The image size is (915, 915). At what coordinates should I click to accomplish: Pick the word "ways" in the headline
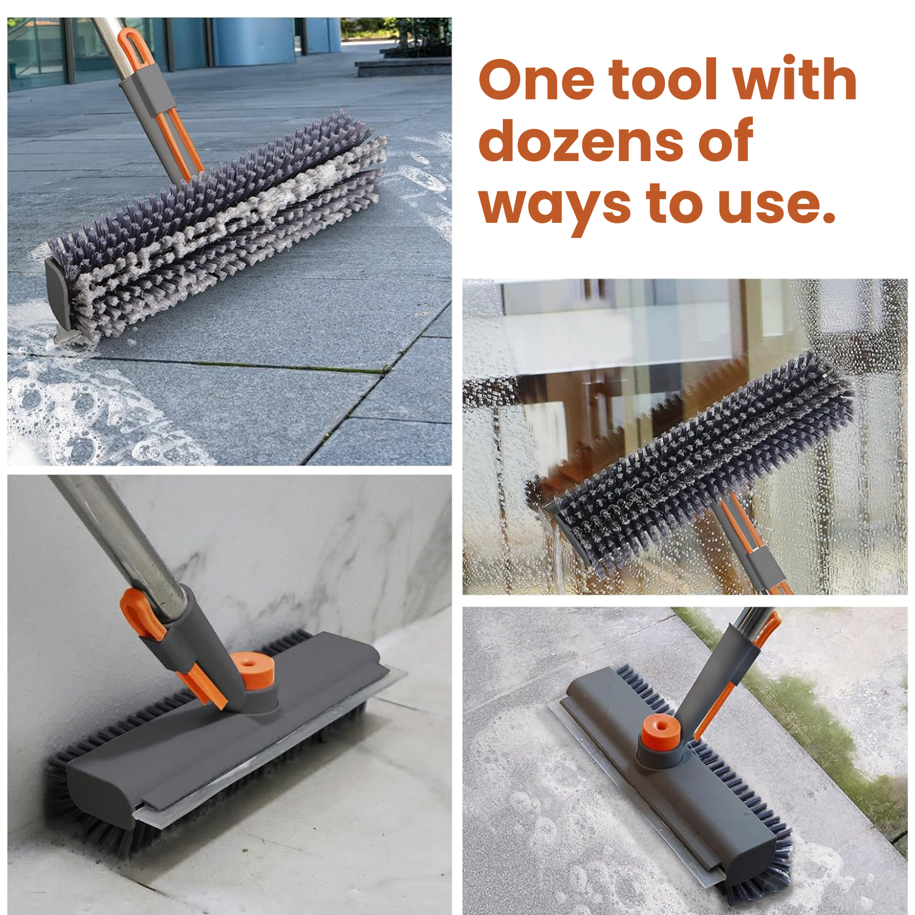click(555, 205)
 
